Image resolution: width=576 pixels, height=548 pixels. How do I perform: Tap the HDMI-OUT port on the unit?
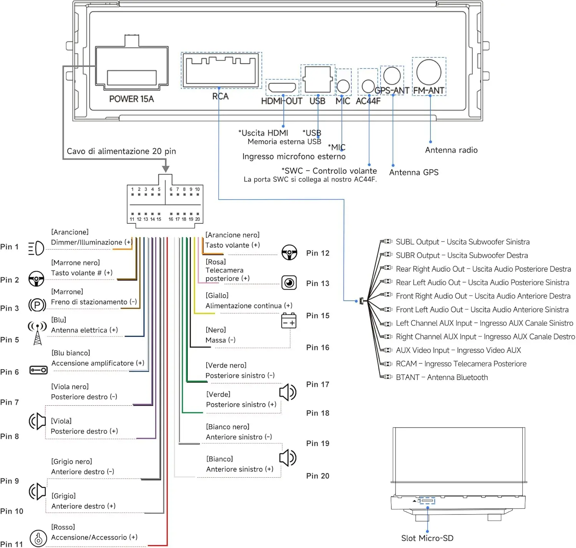(282, 87)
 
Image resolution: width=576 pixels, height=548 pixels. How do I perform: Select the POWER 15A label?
(131, 99)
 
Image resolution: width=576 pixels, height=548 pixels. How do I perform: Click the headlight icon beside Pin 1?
(36, 248)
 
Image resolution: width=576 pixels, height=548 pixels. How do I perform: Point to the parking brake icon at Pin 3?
(37, 305)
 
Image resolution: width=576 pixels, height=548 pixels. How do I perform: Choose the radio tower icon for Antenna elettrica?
(37, 333)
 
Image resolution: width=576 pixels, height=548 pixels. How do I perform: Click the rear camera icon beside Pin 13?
(289, 283)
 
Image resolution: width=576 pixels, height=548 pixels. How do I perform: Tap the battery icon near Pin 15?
(289, 320)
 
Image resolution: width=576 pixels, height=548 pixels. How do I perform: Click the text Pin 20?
(318, 476)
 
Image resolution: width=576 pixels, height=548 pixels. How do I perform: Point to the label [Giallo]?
(217, 295)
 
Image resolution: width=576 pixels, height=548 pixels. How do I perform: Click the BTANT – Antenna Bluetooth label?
(442, 377)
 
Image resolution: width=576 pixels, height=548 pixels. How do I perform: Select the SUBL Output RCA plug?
(386, 241)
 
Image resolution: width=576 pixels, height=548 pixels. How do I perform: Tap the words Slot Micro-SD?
(427, 538)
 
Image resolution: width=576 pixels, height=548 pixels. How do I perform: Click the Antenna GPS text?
(414, 172)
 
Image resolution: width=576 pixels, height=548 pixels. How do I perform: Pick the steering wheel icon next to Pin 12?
(289, 252)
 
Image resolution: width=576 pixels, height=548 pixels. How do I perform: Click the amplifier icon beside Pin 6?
(38, 370)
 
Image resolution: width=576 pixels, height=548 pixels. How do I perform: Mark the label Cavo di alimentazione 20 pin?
(121, 151)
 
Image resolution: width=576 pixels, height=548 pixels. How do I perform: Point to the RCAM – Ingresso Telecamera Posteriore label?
(461, 364)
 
